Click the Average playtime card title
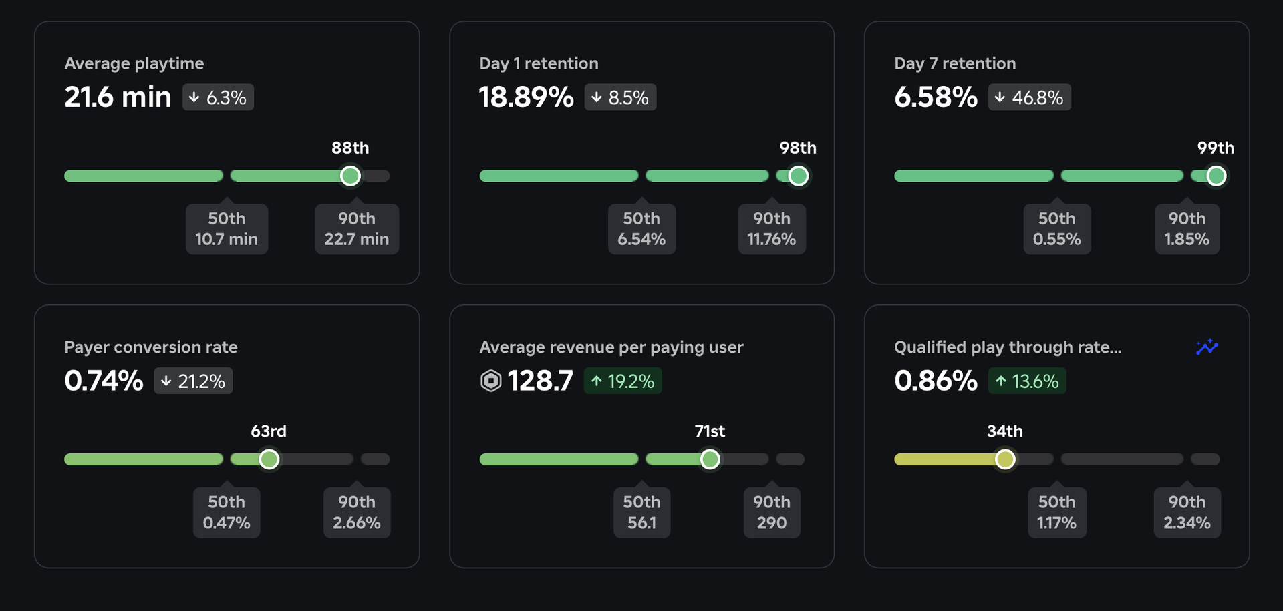(x=134, y=63)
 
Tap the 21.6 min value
(x=118, y=97)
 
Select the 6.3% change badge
(x=218, y=97)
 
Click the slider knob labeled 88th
(x=350, y=176)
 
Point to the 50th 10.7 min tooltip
(x=227, y=229)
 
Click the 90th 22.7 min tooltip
(x=357, y=229)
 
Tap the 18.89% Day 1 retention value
(x=526, y=97)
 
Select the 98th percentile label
(x=798, y=148)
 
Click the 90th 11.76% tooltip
(x=771, y=229)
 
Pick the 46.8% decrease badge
(x=1029, y=97)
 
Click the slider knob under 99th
(x=1216, y=176)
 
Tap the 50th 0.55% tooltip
(x=1056, y=229)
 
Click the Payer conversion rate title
(x=150, y=347)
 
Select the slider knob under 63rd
(x=269, y=459)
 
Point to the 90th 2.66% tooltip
(x=357, y=513)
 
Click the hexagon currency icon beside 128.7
(x=490, y=381)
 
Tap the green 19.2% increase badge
(x=622, y=381)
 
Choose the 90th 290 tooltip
(x=771, y=513)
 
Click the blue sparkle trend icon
(x=1207, y=347)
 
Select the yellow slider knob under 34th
(x=1005, y=459)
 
